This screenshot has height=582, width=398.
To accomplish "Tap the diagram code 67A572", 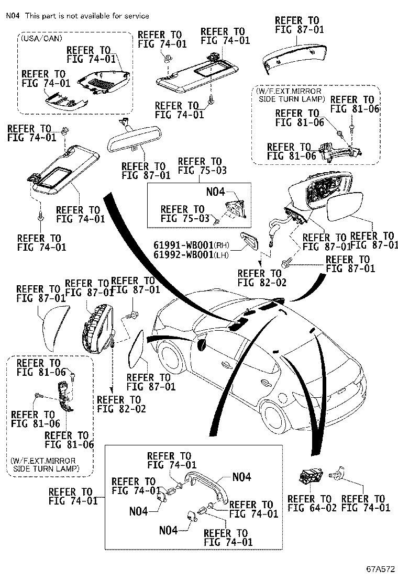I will tap(380, 568).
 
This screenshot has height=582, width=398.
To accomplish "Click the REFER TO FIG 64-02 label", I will tap(309, 503).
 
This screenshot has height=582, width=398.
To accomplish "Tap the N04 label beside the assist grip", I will tap(241, 477).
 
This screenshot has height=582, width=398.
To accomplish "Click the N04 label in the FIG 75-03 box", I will tap(215, 192).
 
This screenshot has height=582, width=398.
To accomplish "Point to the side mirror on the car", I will tap(201, 344).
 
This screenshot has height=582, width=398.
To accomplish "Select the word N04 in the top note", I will tap(13, 16).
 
